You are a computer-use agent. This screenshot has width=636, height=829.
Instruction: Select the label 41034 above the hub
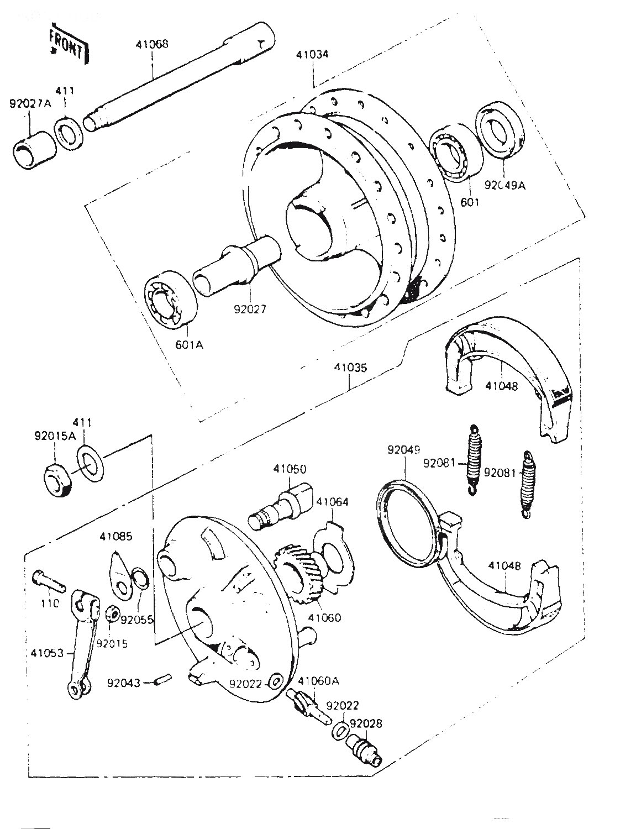pos(312,55)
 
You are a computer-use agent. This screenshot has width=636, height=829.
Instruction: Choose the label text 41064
pos(332,502)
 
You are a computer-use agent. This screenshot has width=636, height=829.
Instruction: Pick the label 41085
pos(116,537)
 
